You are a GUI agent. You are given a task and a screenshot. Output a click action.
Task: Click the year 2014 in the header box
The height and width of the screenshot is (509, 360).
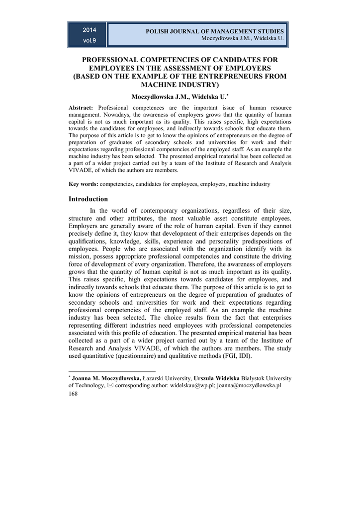[90, 30]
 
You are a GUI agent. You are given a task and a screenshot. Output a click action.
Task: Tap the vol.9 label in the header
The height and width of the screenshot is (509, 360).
[90, 40]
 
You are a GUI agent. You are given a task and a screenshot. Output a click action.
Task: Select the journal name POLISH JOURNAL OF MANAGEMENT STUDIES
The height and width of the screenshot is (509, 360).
[215, 31]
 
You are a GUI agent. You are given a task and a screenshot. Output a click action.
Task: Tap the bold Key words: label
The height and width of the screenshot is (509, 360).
[84, 184]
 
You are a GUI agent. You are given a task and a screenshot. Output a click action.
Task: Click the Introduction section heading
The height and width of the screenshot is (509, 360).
[88, 199]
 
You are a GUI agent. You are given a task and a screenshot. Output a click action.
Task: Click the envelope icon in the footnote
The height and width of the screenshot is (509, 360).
[110, 386]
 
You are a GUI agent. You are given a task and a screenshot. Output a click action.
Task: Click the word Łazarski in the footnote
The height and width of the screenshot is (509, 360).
[154, 378]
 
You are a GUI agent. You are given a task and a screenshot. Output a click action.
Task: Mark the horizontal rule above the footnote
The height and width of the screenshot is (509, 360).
[112, 371]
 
